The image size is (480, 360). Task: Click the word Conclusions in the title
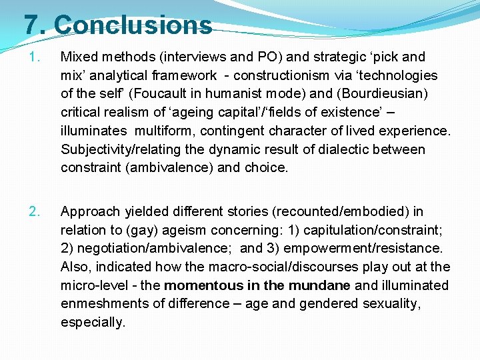pyautogui.click(x=133, y=25)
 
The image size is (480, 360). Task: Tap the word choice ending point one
pyautogui.click(x=267, y=168)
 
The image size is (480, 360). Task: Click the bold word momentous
pyautogui.click(x=204, y=285)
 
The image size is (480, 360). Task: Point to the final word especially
pyautogui.click(x=93, y=323)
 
